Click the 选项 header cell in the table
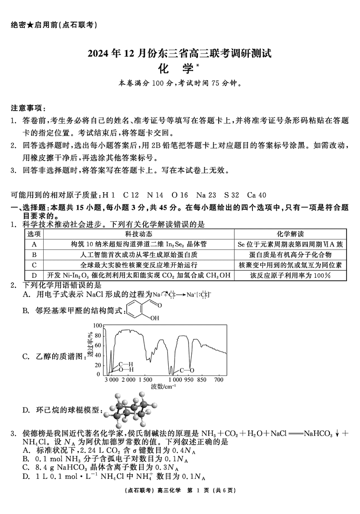[x=34, y=234]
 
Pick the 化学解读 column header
[x=290, y=234]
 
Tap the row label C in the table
[x=34, y=265]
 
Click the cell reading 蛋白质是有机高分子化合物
[x=290, y=254]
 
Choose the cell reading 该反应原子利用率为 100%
[x=290, y=275]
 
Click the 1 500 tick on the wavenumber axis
[x=145, y=380]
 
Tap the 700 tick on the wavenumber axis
[x=219, y=380]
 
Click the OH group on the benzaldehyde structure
[x=154, y=318]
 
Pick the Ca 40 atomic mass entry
[x=257, y=195]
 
